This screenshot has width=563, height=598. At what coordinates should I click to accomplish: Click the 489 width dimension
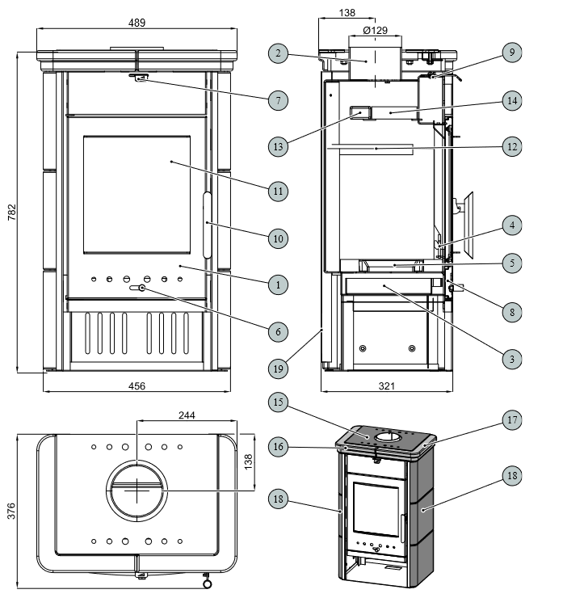click(x=138, y=23)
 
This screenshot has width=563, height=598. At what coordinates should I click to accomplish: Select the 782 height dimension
click(x=11, y=213)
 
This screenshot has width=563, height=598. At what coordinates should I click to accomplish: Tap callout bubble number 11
click(x=277, y=192)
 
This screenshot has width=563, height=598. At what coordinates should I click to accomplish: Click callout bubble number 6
click(x=277, y=331)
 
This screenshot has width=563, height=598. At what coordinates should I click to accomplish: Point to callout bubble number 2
click(x=277, y=53)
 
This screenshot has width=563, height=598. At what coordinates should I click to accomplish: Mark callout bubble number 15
click(x=277, y=401)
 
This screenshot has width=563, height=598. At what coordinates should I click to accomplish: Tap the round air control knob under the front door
click(x=142, y=288)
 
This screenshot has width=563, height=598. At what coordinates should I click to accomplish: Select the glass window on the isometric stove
click(x=373, y=507)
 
